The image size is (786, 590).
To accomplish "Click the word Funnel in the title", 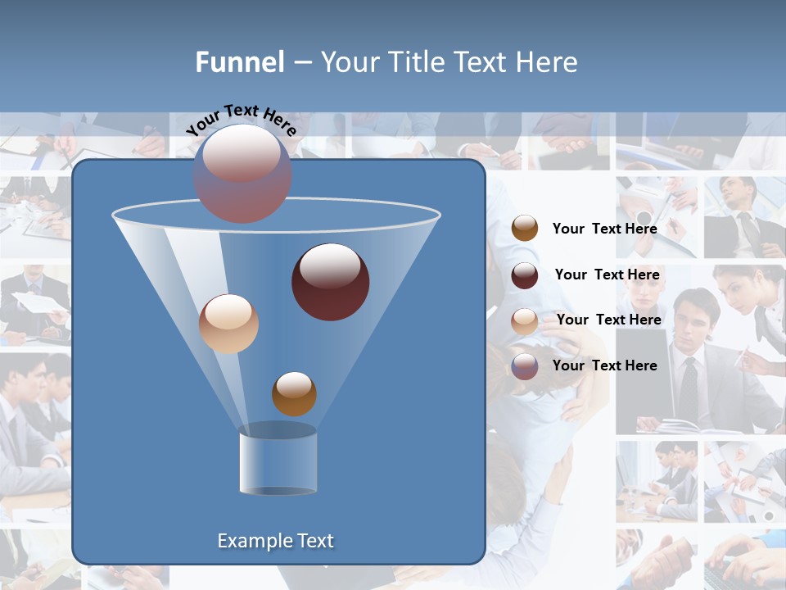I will (x=239, y=62).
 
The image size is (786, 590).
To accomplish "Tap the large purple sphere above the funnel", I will (x=242, y=174).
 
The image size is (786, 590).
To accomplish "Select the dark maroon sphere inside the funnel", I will (x=331, y=282).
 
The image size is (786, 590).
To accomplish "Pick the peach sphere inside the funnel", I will (x=228, y=324).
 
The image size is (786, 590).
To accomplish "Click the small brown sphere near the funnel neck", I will (x=294, y=394).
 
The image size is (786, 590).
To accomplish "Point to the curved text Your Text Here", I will (x=242, y=120).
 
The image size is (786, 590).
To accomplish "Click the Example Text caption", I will (x=275, y=541).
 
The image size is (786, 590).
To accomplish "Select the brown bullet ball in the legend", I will (x=525, y=229).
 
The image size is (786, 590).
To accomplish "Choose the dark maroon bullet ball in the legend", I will (x=525, y=275).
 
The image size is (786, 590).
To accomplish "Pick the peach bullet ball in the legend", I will (x=525, y=321).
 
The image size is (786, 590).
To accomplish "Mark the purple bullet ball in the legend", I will (x=525, y=366).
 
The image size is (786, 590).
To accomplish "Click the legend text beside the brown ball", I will (x=604, y=229).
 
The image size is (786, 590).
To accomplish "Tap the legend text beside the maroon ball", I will (x=607, y=275).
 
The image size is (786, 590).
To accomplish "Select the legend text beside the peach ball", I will (x=608, y=320).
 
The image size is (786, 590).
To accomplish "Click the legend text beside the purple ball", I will (x=604, y=365).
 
